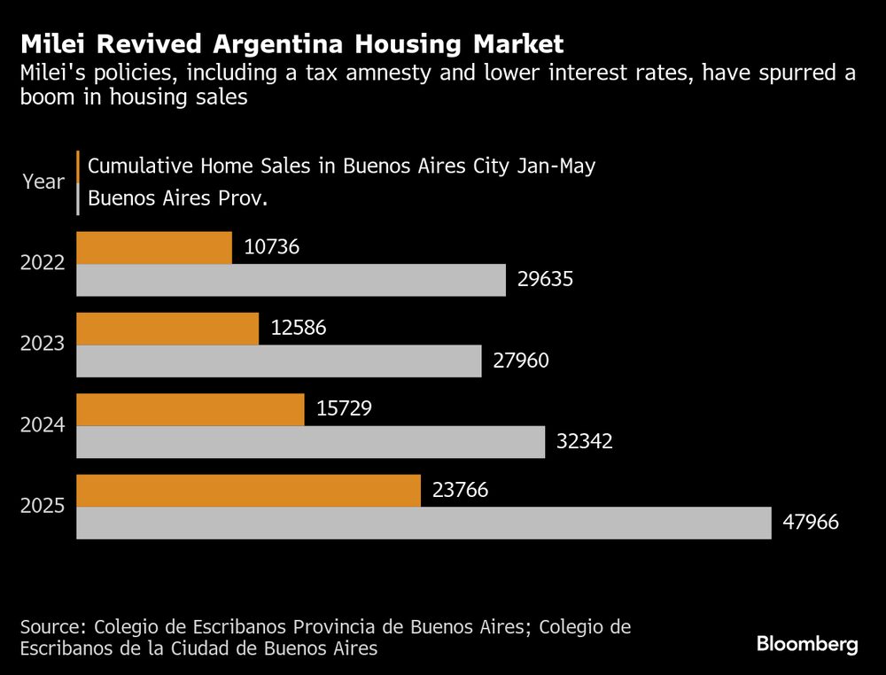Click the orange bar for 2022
(x=154, y=247)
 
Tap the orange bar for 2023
(x=167, y=329)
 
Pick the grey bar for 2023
(x=279, y=361)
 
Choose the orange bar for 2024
(x=190, y=409)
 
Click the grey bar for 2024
(x=310, y=442)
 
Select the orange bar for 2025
(x=248, y=491)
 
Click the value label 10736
(x=272, y=247)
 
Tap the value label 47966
(x=810, y=523)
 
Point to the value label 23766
(x=461, y=491)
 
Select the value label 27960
(x=521, y=361)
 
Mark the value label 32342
(x=584, y=442)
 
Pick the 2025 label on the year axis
(x=43, y=507)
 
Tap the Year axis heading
(x=43, y=182)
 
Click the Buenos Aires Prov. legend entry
(x=177, y=198)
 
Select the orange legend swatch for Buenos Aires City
(x=79, y=166)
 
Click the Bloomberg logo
(x=807, y=644)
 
